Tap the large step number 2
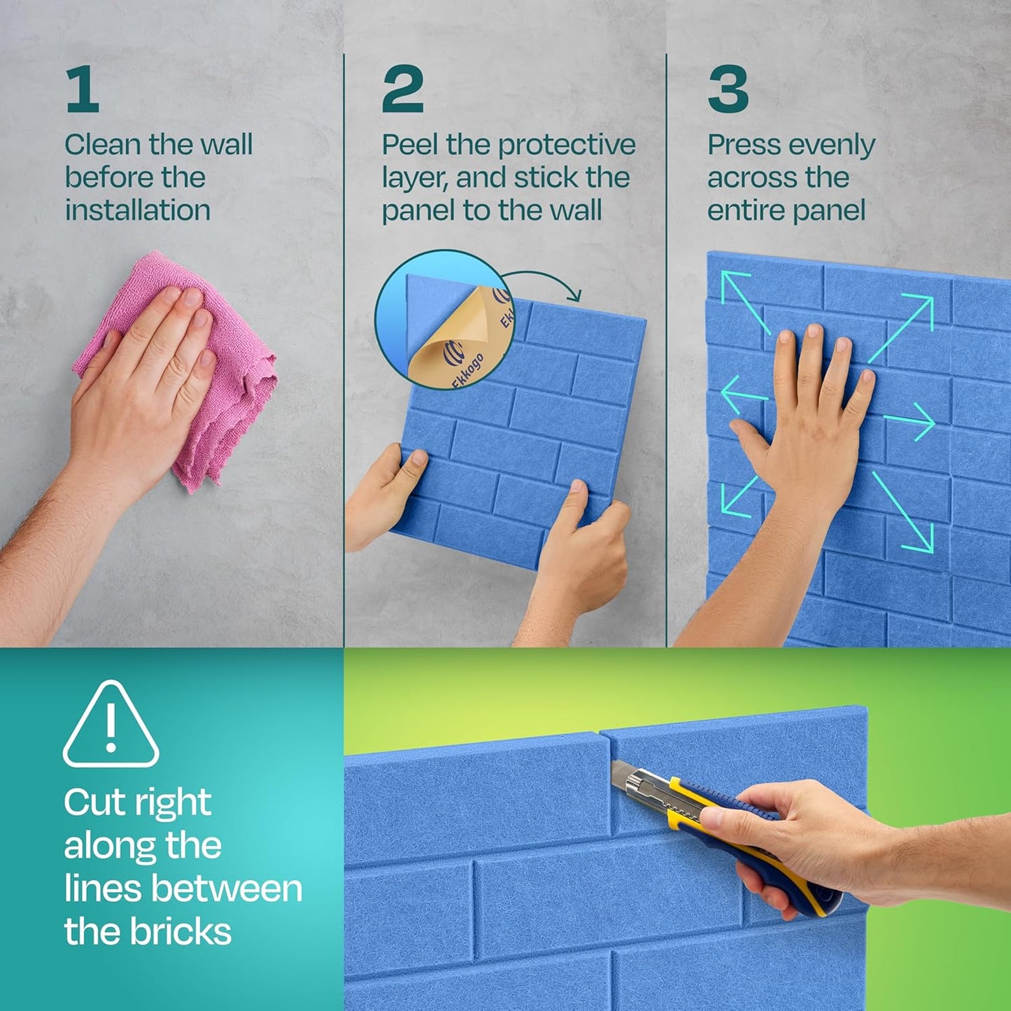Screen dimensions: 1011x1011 click(402, 89)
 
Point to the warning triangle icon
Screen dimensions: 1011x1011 click(111, 725)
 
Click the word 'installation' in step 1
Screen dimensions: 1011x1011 click(137, 211)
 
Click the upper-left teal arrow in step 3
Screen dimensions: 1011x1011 click(744, 301)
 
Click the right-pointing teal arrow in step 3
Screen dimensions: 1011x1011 click(910, 421)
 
